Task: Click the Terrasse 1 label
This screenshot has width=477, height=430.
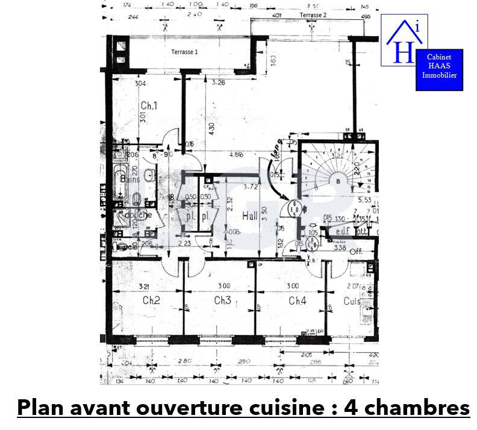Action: (184, 52)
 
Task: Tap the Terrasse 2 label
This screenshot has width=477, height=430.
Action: (313, 14)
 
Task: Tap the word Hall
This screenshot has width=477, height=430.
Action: (250, 216)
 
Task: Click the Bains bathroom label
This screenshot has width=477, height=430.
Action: (130, 179)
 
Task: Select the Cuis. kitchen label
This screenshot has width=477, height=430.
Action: (352, 301)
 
